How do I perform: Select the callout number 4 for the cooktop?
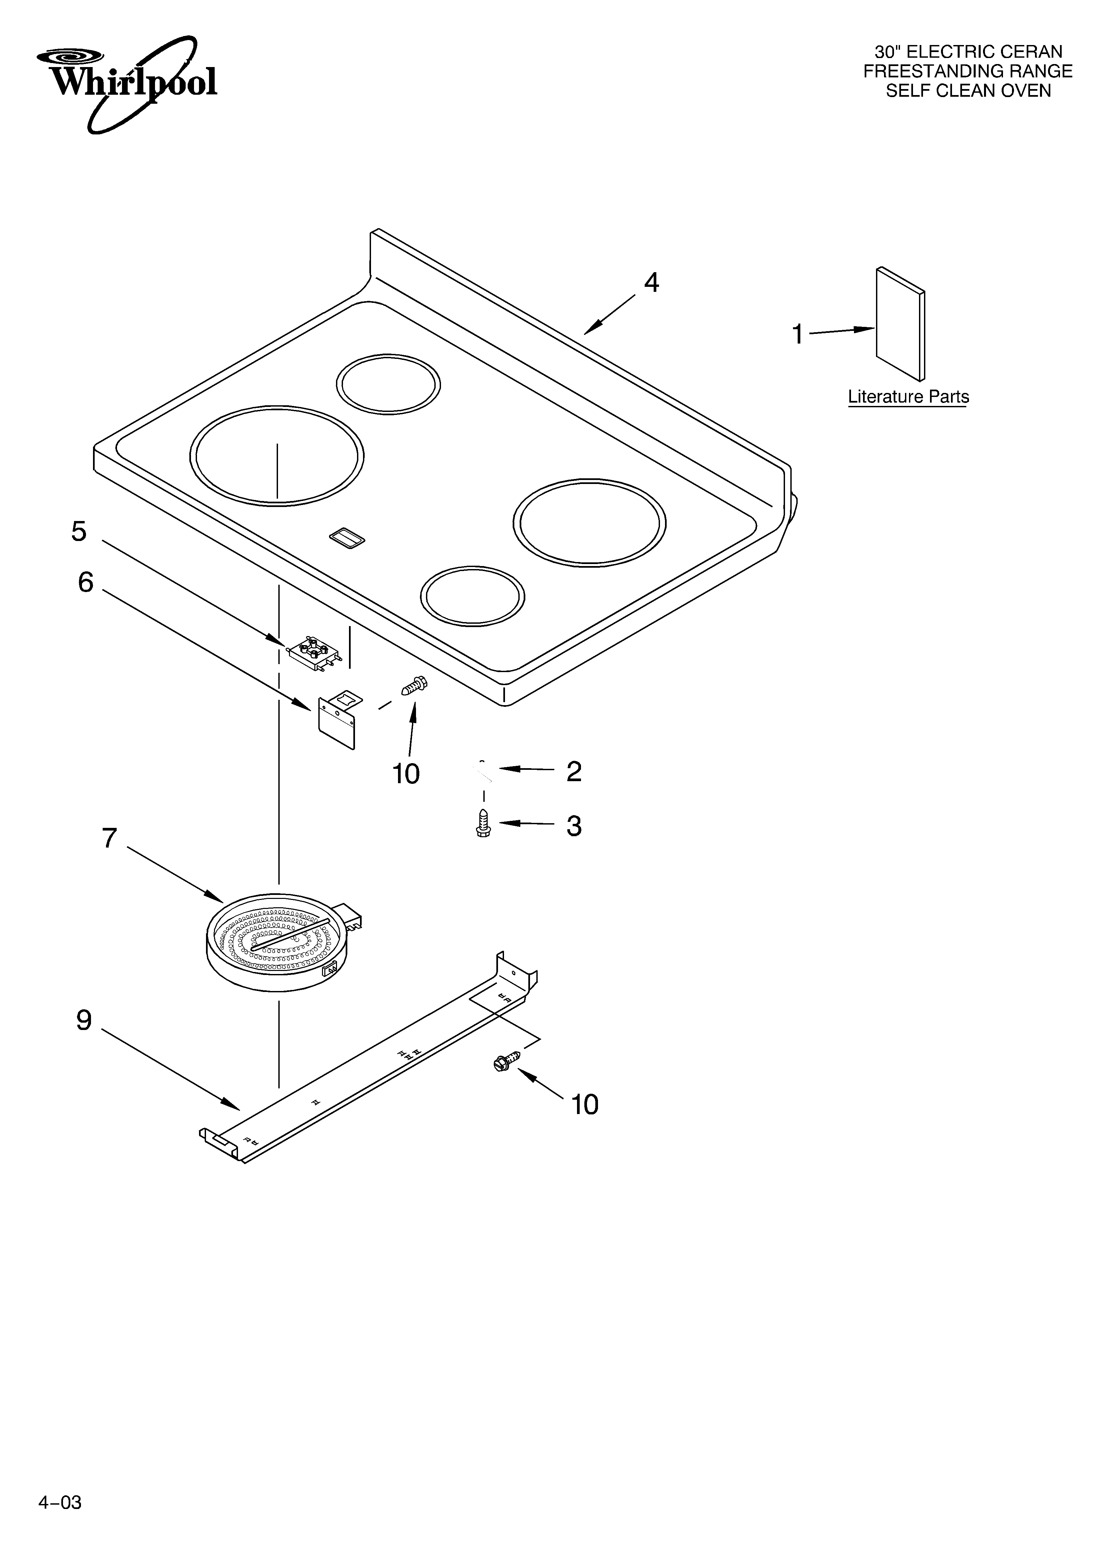651,283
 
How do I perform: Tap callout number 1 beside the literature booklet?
798,335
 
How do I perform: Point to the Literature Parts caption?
908,397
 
